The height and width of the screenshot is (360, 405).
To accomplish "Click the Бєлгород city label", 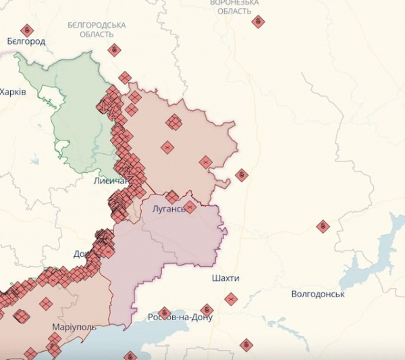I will (x=26, y=41).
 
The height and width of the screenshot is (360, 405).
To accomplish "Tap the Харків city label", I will (x=13, y=91).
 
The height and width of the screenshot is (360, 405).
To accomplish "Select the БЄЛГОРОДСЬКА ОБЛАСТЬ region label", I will (x=97, y=29).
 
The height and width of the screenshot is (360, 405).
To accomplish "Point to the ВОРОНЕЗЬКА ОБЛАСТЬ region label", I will (x=234, y=7).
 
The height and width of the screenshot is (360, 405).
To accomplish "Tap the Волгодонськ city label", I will (x=317, y=294).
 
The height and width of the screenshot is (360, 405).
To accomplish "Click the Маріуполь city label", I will (x=74, y=327).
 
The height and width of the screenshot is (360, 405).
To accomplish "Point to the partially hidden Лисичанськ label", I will (x=109, y=181).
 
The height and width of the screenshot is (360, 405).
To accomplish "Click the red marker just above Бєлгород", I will (x=27, y=30).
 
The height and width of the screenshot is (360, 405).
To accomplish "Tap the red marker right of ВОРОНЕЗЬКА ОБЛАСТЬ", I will (x=258, y=22).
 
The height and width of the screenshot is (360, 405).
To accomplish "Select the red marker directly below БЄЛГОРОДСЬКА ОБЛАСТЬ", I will (x=114, y=49).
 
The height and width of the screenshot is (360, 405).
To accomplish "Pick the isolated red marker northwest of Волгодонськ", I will (x=323, y=226).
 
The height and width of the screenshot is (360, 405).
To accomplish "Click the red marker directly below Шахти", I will (x=231, y=298).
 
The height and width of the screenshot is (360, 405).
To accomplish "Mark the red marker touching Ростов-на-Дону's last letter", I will (x=207, y=311).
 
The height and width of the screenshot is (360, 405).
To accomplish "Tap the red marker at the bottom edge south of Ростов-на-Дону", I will (x=246, y=344).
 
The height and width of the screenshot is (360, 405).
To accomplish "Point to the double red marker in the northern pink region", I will (x=174, y=122).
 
